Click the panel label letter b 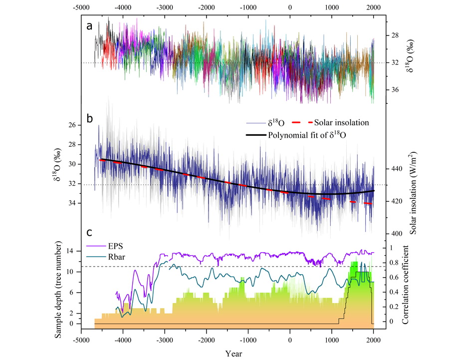[89, 118]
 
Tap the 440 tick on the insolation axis [398, 169]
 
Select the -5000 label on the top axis [81, 7]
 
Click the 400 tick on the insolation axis [398, 233]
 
